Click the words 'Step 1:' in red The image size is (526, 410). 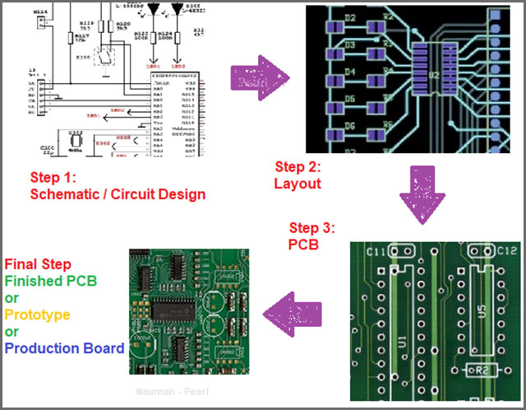(x=53, y=177)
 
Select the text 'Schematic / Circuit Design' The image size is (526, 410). (x=117, y=194)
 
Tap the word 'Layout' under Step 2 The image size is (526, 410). (x=297, y=184)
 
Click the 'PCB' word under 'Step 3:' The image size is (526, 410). (x=302, y=245)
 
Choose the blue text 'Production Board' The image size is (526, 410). (x=64, y=348)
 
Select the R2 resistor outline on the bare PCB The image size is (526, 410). (x=480, y=371)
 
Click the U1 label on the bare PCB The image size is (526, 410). (x=402, y=339)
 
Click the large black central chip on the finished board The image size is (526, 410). (x=181, y=311)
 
